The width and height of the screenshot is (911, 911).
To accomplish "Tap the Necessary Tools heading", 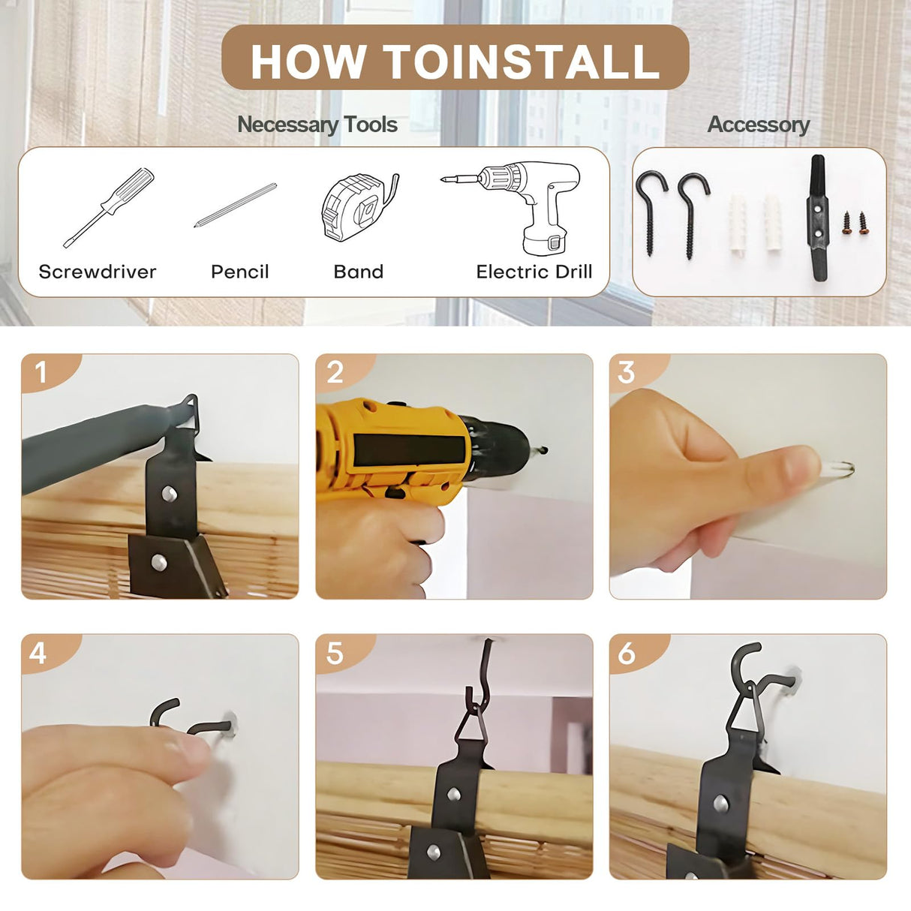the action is click(317, 125).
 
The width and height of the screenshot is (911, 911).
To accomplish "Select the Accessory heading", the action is click(759, 125).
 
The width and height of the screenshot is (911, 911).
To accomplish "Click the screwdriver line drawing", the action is click(109, 207).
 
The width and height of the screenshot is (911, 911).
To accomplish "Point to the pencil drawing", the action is click(236, 205).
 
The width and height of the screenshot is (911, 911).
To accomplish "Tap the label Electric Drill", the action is click(534, 272).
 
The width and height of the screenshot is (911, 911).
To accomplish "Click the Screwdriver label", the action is click(98, 272).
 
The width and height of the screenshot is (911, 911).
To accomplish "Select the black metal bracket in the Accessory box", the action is click(817, 218).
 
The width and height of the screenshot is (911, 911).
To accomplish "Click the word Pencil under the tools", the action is click(239, 272).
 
